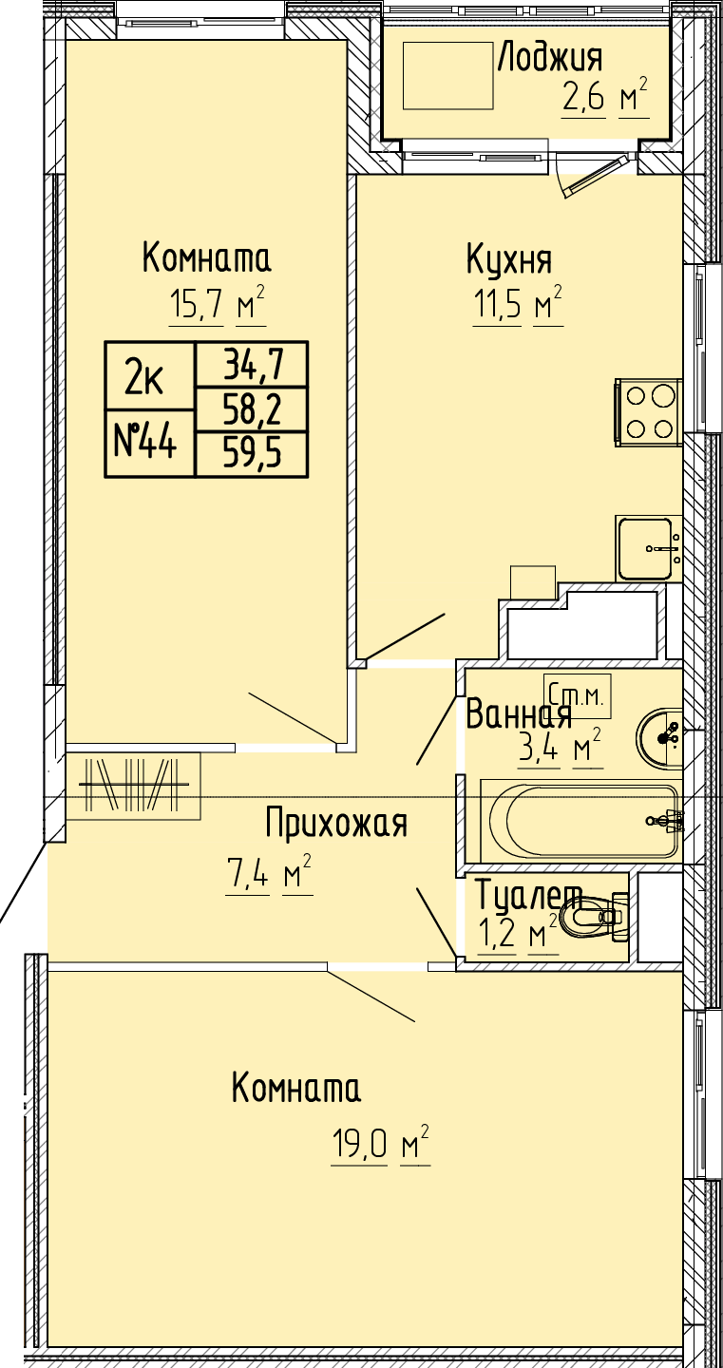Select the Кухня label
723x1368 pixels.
[509, 259]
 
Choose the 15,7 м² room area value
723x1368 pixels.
[218, 302]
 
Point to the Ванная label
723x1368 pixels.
[519, 713]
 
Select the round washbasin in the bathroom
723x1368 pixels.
[659, 737]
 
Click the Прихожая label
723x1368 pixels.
[336, 824]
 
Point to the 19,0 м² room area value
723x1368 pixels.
[380, 1141]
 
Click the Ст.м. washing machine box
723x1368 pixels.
[577, 696]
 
